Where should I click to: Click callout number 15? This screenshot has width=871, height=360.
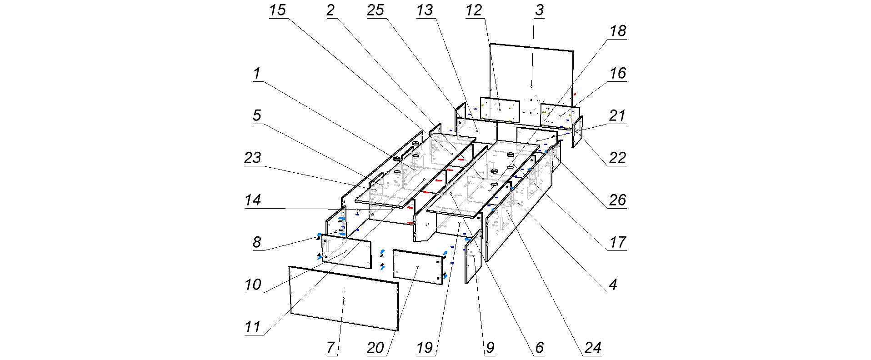tap(277, 10)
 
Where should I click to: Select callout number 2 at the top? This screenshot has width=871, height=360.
tap(330, 10)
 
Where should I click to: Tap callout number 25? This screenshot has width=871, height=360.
tap(376, 10)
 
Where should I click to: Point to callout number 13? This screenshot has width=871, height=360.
tap(425, 10)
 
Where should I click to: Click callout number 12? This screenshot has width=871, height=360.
tap(474, 10)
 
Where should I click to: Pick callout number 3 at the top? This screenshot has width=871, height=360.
tap(539, 10)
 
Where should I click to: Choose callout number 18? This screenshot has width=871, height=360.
tap(618, 31)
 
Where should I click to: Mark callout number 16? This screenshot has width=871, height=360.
tap(618, 73)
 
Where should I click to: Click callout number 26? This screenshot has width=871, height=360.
tap(618, 199)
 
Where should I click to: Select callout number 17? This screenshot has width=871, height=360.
tap(618, 242)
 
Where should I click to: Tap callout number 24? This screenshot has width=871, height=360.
tap(593, 348)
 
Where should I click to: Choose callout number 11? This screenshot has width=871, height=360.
tap(253, 326)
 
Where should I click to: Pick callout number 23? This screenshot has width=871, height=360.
tap(253, 157)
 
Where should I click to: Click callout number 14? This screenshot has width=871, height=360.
tap(253, 200)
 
